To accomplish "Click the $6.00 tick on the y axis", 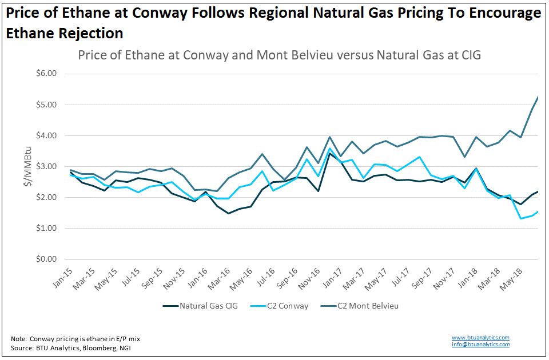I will [x=46, y=74].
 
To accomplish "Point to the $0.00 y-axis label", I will [x=46, y=259].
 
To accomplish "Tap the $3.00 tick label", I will [x=46, y=166].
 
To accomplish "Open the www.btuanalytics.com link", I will [x=480, y=338].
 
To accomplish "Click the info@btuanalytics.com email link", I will [x=480, y=345].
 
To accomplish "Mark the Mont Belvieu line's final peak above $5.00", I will [x=538, y=97].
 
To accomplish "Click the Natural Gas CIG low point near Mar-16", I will [x=229, y=213].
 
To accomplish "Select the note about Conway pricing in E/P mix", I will [x=75, y=339].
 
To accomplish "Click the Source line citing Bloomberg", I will [x=71, y=348].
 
